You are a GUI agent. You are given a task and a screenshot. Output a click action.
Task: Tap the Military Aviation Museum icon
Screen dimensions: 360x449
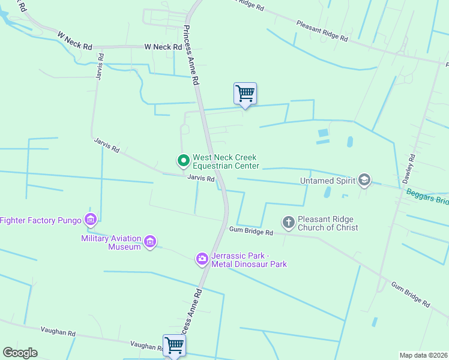coord(150,242)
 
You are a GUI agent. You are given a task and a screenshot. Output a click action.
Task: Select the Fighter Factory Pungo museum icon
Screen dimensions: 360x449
coord(91,220)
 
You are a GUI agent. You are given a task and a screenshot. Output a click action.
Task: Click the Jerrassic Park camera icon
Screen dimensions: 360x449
coord(202,259)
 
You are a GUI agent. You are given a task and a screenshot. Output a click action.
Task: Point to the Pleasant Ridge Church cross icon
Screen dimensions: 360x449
coord(289,223)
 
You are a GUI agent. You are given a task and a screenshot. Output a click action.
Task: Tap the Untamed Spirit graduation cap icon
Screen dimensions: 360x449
coord(364,179)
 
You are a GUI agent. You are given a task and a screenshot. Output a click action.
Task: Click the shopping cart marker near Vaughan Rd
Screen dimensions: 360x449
coord(174,345)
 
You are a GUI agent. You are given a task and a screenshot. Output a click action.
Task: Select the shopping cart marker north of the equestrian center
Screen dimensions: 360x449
coord(245,94)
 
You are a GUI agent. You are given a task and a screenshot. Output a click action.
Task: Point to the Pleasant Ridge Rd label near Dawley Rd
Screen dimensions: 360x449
coord(322,31)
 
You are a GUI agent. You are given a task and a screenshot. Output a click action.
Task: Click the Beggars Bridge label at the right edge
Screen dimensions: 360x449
coord(427,196)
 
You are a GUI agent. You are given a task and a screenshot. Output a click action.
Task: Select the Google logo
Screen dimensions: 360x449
coord(20,353)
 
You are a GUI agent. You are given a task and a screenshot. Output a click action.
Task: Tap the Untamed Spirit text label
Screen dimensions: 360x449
coord(328,180)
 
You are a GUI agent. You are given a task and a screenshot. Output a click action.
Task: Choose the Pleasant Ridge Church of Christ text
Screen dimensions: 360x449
coord(328,223)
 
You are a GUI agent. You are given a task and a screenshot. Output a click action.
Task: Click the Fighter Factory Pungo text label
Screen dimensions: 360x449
coord(41,220)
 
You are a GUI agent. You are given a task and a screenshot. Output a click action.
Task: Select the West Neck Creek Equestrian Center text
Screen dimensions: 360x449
coord(226,161)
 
